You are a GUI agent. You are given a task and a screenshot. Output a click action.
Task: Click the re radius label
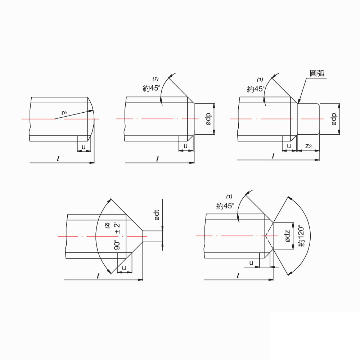pos(64,113)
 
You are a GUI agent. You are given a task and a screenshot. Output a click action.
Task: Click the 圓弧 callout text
pos(317,73)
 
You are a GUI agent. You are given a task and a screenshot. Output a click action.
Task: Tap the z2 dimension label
pos(308,146)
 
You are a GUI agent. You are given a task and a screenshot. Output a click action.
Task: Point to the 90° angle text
pos(117,245)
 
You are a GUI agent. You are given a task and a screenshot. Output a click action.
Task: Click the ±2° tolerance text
pos(117,228)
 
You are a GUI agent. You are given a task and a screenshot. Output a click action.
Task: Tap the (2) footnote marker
pos(107,226)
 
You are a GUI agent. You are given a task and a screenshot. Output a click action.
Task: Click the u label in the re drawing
pos(84,147)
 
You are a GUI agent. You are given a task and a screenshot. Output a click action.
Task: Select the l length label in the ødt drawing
pos(98,276)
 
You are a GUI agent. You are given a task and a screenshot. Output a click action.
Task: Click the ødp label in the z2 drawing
pos(334,119)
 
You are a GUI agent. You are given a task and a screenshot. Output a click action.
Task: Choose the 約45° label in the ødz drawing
pos(225,206)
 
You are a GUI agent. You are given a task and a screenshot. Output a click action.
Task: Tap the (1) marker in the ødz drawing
pos(229,197)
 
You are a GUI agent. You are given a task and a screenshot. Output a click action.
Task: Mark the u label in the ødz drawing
pos(252,263)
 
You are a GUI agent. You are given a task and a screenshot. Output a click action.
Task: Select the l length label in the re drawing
pos(58,159)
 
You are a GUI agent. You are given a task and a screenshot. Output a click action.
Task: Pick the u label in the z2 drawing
pos(289,146)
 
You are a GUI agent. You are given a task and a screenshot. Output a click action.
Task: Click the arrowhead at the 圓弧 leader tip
pos(298,102)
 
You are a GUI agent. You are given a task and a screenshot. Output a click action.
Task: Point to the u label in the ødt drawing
pos(124,268)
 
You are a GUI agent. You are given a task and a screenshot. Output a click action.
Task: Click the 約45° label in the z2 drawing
pos(256,89)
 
